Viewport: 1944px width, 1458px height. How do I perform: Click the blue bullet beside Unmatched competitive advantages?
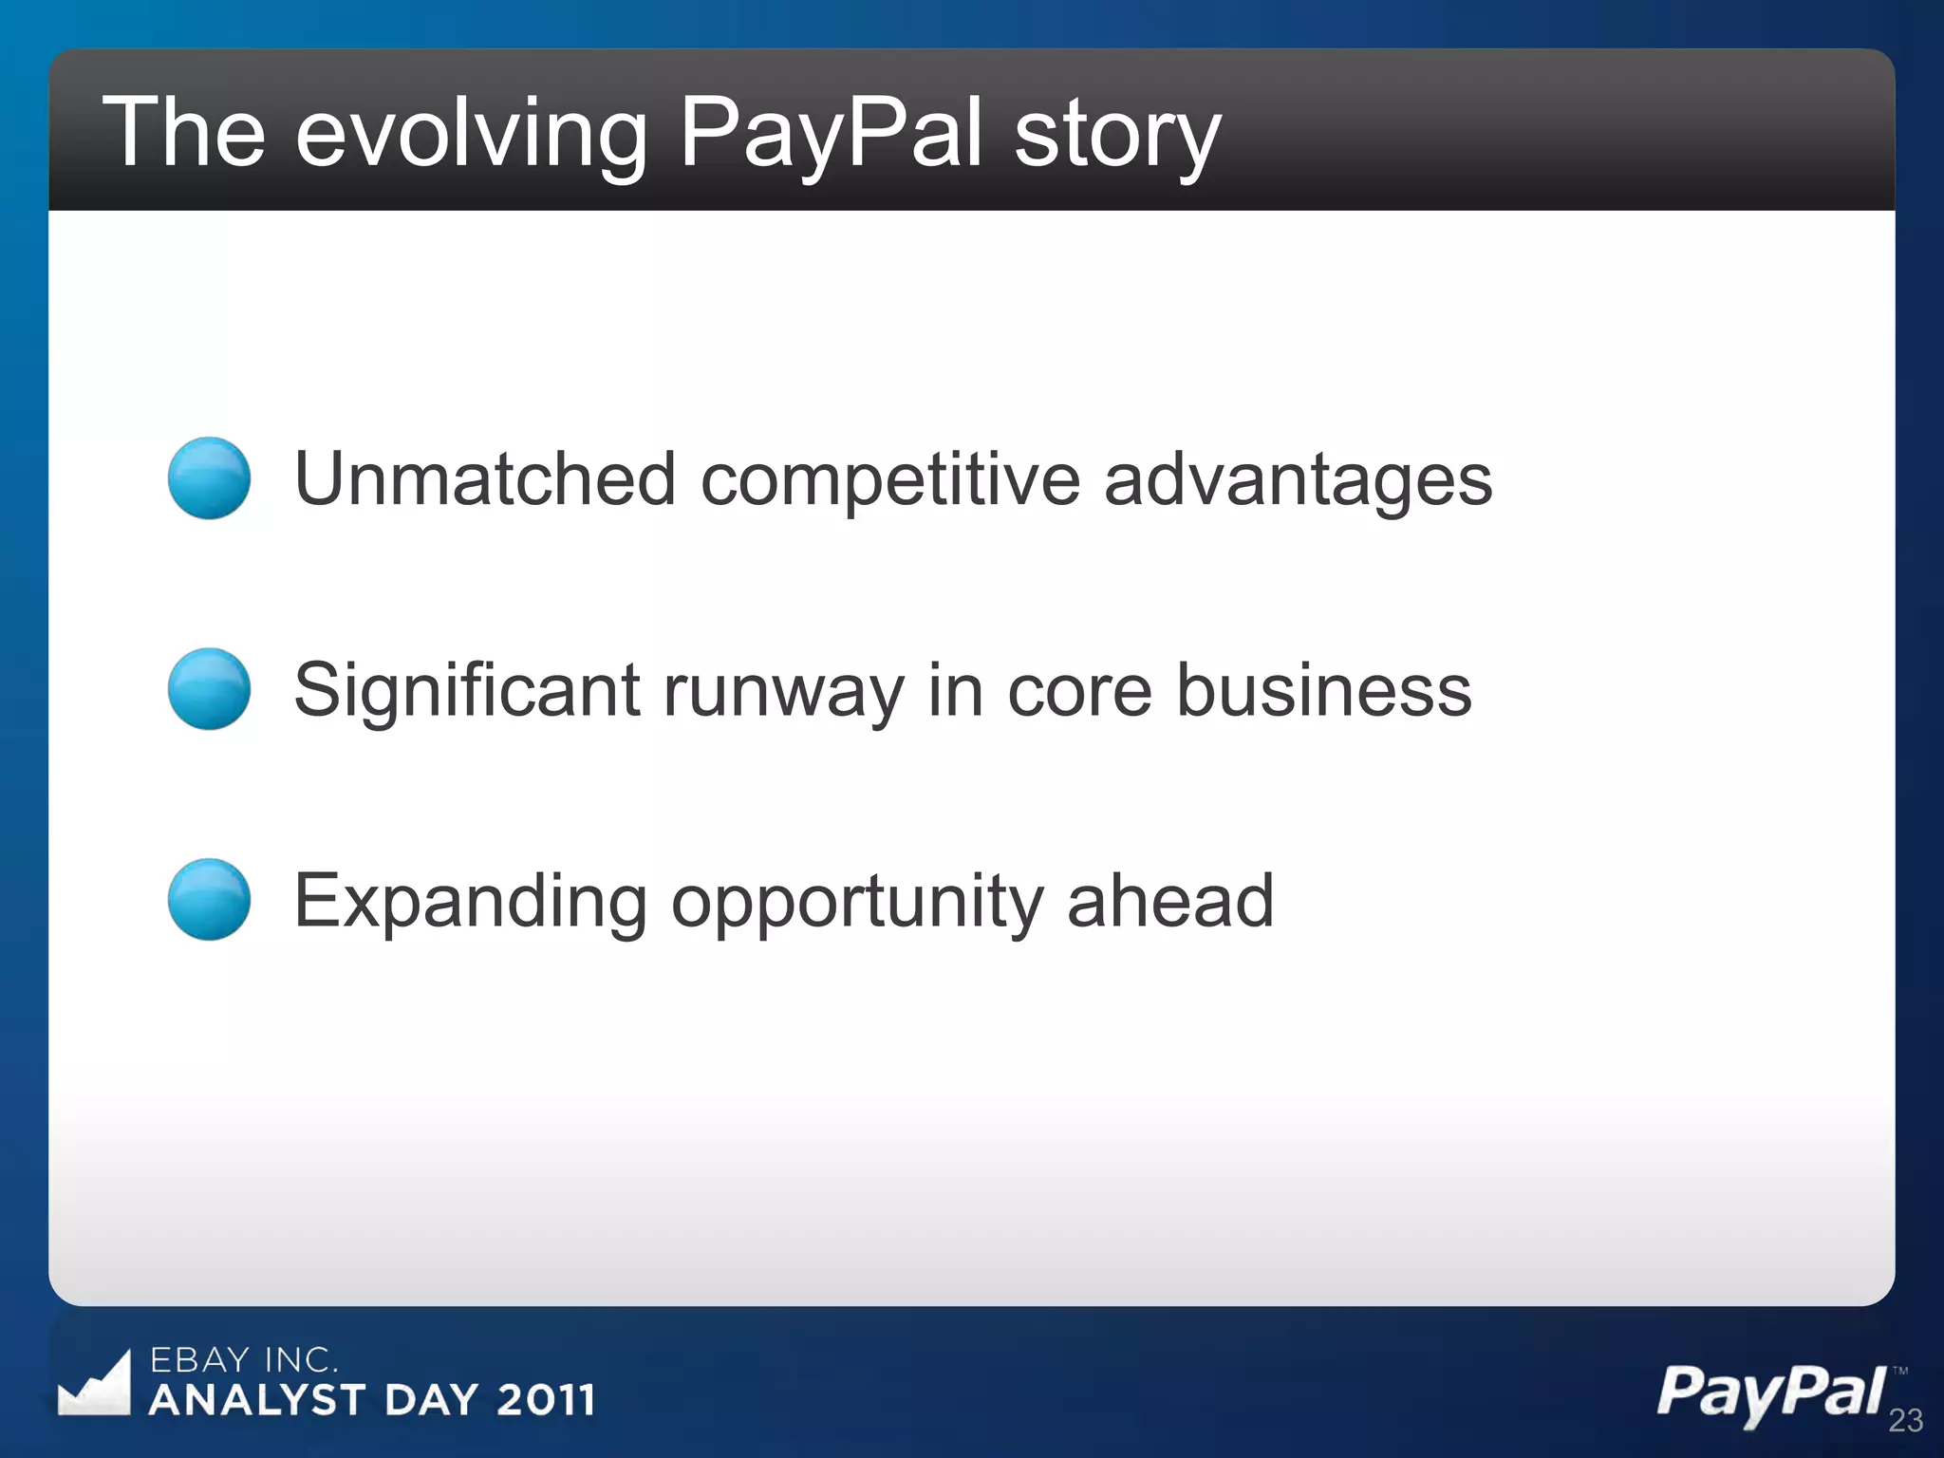pos(209,477)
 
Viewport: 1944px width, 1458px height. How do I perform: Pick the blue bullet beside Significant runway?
pos(209,689)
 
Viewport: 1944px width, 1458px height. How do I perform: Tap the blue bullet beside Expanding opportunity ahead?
pos(209,899)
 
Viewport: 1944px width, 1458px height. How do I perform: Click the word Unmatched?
pos(485,479)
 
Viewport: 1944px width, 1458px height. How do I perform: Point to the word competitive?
pos(889,479)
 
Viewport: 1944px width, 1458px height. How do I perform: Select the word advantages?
pos(1298,479)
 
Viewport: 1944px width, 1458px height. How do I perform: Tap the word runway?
pos(783,690)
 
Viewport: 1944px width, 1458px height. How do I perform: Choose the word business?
pos(1323,690)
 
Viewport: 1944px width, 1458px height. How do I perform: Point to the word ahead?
pos(1169,901)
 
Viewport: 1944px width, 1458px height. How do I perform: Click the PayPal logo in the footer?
pos(1771,1393)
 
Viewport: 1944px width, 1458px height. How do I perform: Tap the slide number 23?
pos(1905,1420)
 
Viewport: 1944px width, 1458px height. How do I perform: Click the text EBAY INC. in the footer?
pos(244,1360)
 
